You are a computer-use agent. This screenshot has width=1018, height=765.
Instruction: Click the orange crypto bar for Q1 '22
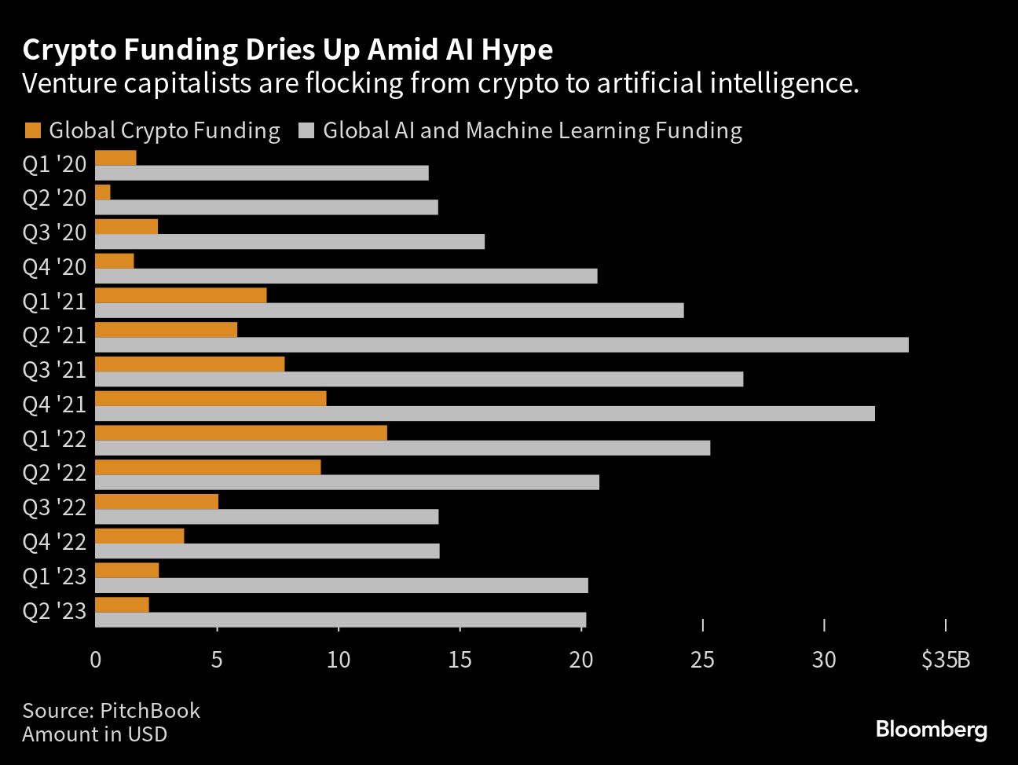click(241, 433)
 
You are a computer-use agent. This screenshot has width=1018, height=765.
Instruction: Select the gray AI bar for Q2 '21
click(501, 345)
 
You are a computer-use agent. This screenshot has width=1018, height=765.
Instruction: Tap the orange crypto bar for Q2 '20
click(103, 192)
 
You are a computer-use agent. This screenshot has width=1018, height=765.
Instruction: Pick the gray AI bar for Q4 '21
click(485, 413)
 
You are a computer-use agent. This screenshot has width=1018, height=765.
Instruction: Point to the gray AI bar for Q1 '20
click(262, 173)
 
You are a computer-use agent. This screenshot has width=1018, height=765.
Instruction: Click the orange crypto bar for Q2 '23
click(122, 605)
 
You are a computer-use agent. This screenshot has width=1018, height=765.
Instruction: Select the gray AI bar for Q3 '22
click(266, 517)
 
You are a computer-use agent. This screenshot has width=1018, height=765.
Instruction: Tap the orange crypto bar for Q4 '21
click(211, 398)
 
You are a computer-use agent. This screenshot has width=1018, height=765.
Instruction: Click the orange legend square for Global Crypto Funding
click(32, 130)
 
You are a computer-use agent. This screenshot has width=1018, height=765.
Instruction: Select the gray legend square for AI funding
click(306, 130)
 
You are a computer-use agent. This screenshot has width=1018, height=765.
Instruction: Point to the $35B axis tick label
click(946, 660)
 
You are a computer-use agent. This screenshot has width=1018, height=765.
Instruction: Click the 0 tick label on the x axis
click(95, 660)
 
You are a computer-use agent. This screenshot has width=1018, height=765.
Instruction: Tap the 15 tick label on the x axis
click(460, 660)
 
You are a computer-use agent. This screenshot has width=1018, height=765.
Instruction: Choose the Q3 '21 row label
click(54, 369)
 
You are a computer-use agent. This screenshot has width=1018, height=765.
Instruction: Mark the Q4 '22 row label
click(54, 541)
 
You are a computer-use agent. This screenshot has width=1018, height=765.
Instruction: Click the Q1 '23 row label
click(54, 576)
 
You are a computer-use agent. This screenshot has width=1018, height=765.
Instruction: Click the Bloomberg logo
click(931, 729)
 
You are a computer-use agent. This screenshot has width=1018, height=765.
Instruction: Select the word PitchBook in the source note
click(150, 711)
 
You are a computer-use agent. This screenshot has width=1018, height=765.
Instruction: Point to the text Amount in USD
click(94, 734)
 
